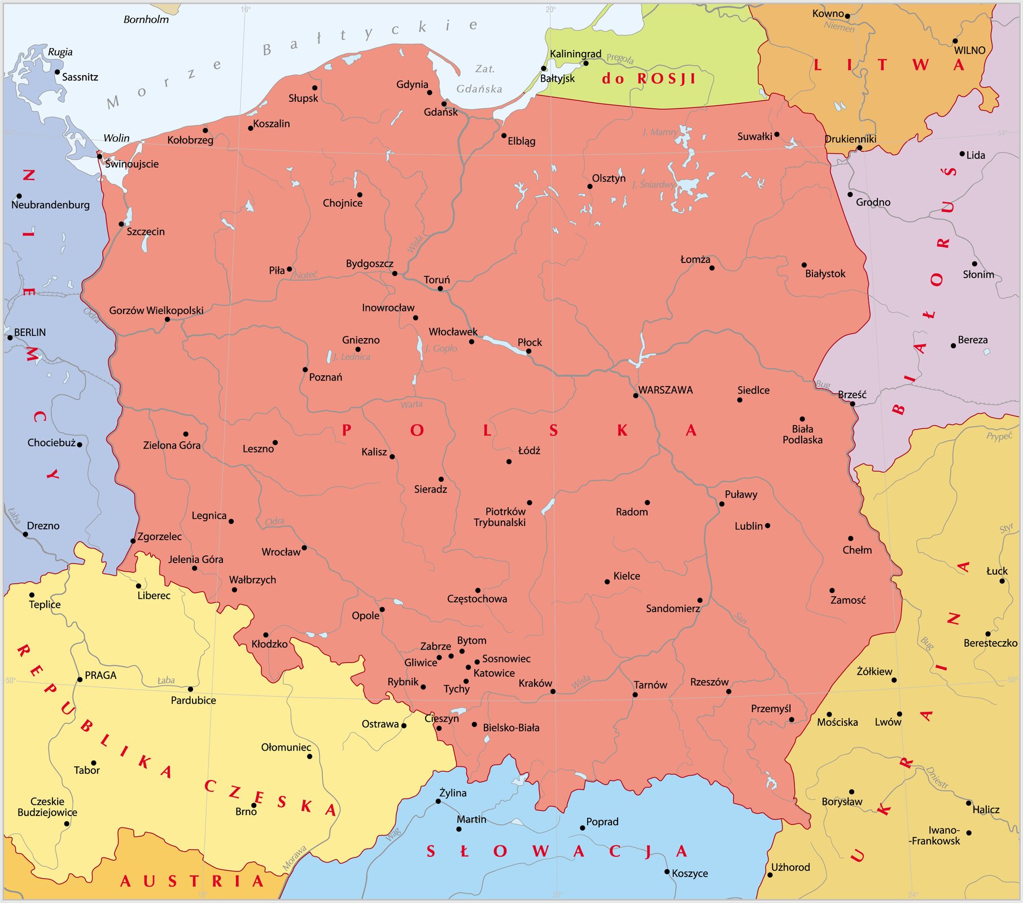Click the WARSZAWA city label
click(665, 390)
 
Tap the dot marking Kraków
click(553, 691)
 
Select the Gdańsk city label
click(440, 112)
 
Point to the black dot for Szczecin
click(121, 224)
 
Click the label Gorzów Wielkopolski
click(156, 310)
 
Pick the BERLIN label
click(30, 332)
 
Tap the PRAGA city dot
click(80, 680)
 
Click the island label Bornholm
click(146, 20)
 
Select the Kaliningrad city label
click(575, 54)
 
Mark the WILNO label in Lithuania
click(969, 50)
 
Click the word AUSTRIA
click(192, 882)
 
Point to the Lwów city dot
click(899, 714)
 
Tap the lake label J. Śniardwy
click(653, 185)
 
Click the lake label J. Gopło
click(441, 348)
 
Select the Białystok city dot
click(804, 265)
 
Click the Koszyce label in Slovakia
click(689, 874)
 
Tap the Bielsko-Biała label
click(511, 728)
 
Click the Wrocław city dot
click(304, 547)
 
